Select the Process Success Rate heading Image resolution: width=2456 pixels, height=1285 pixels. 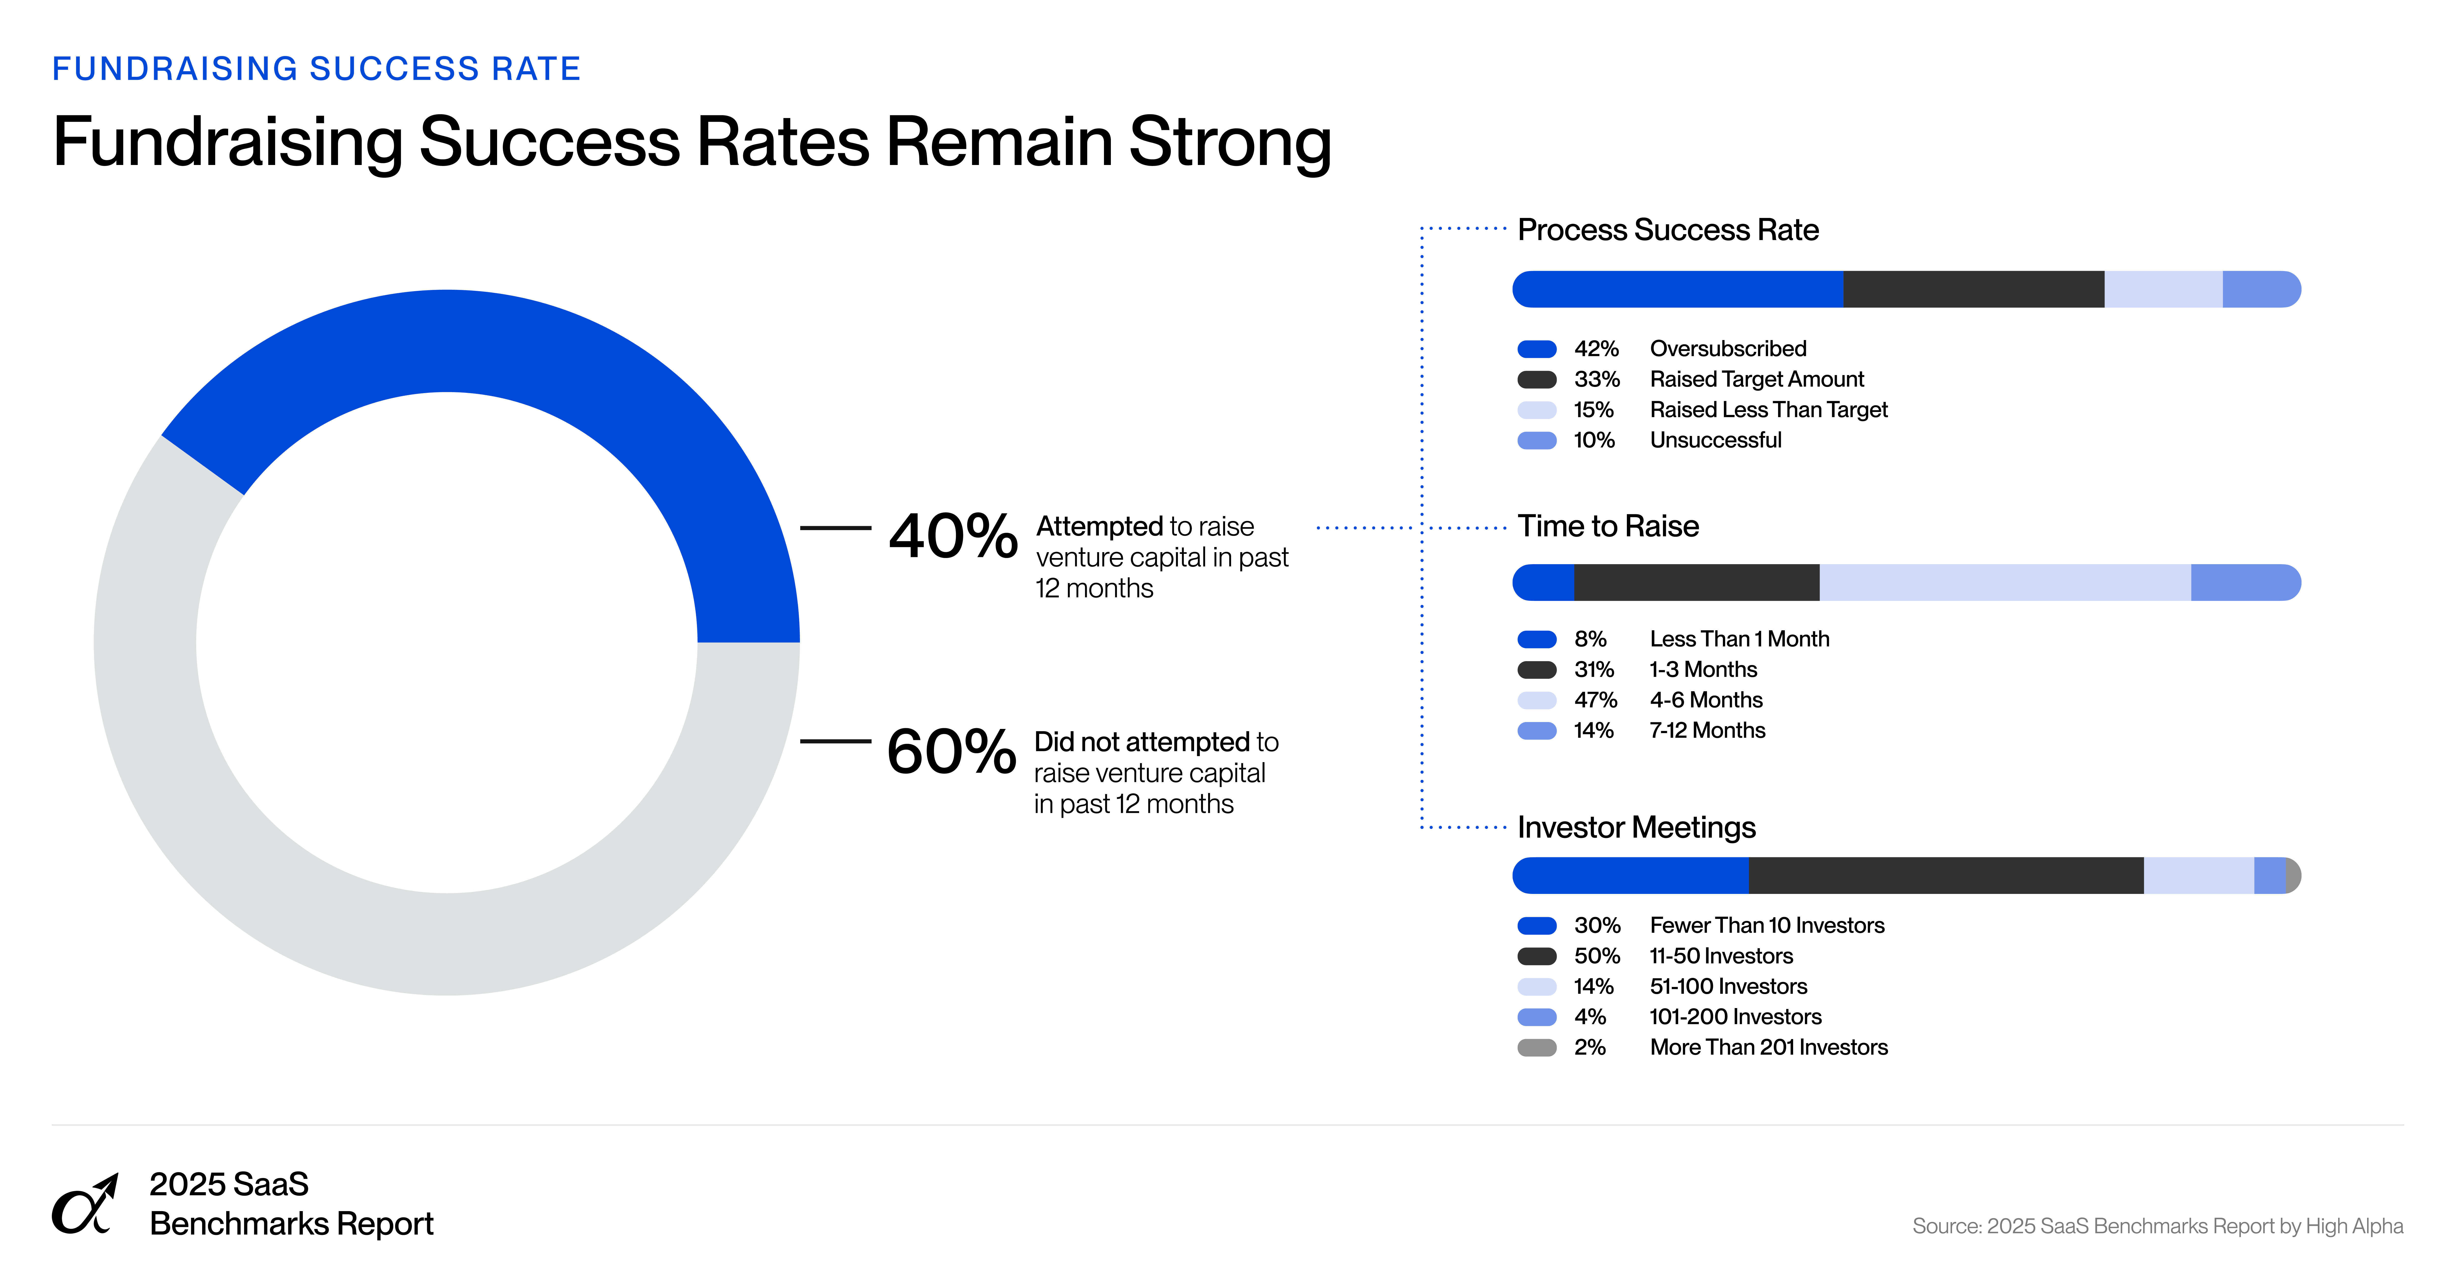coord(1668,230)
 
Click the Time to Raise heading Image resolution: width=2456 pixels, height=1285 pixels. coord(1607,526)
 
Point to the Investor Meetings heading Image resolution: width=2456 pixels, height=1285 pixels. coord(1636,827)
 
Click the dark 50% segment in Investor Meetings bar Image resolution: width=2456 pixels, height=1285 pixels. coord(1945,875)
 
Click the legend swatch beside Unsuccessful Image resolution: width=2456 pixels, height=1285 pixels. coord(1537,440)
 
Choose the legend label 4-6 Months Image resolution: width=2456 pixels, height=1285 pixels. coord(1706,700)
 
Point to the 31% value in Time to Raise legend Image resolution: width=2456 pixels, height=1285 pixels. coord(1593,669)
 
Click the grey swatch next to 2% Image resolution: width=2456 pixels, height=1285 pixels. coord(1537,1048)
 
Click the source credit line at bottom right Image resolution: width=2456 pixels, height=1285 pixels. coord(2157,1226)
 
